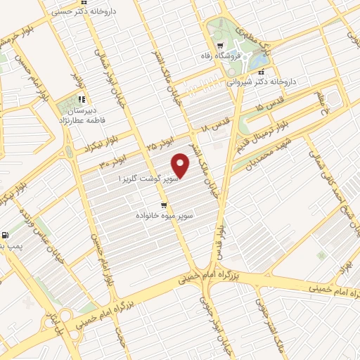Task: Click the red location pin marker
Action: point(181,166)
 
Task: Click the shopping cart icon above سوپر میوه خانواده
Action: point(164,205)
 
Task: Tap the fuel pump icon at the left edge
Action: point(6,235)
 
